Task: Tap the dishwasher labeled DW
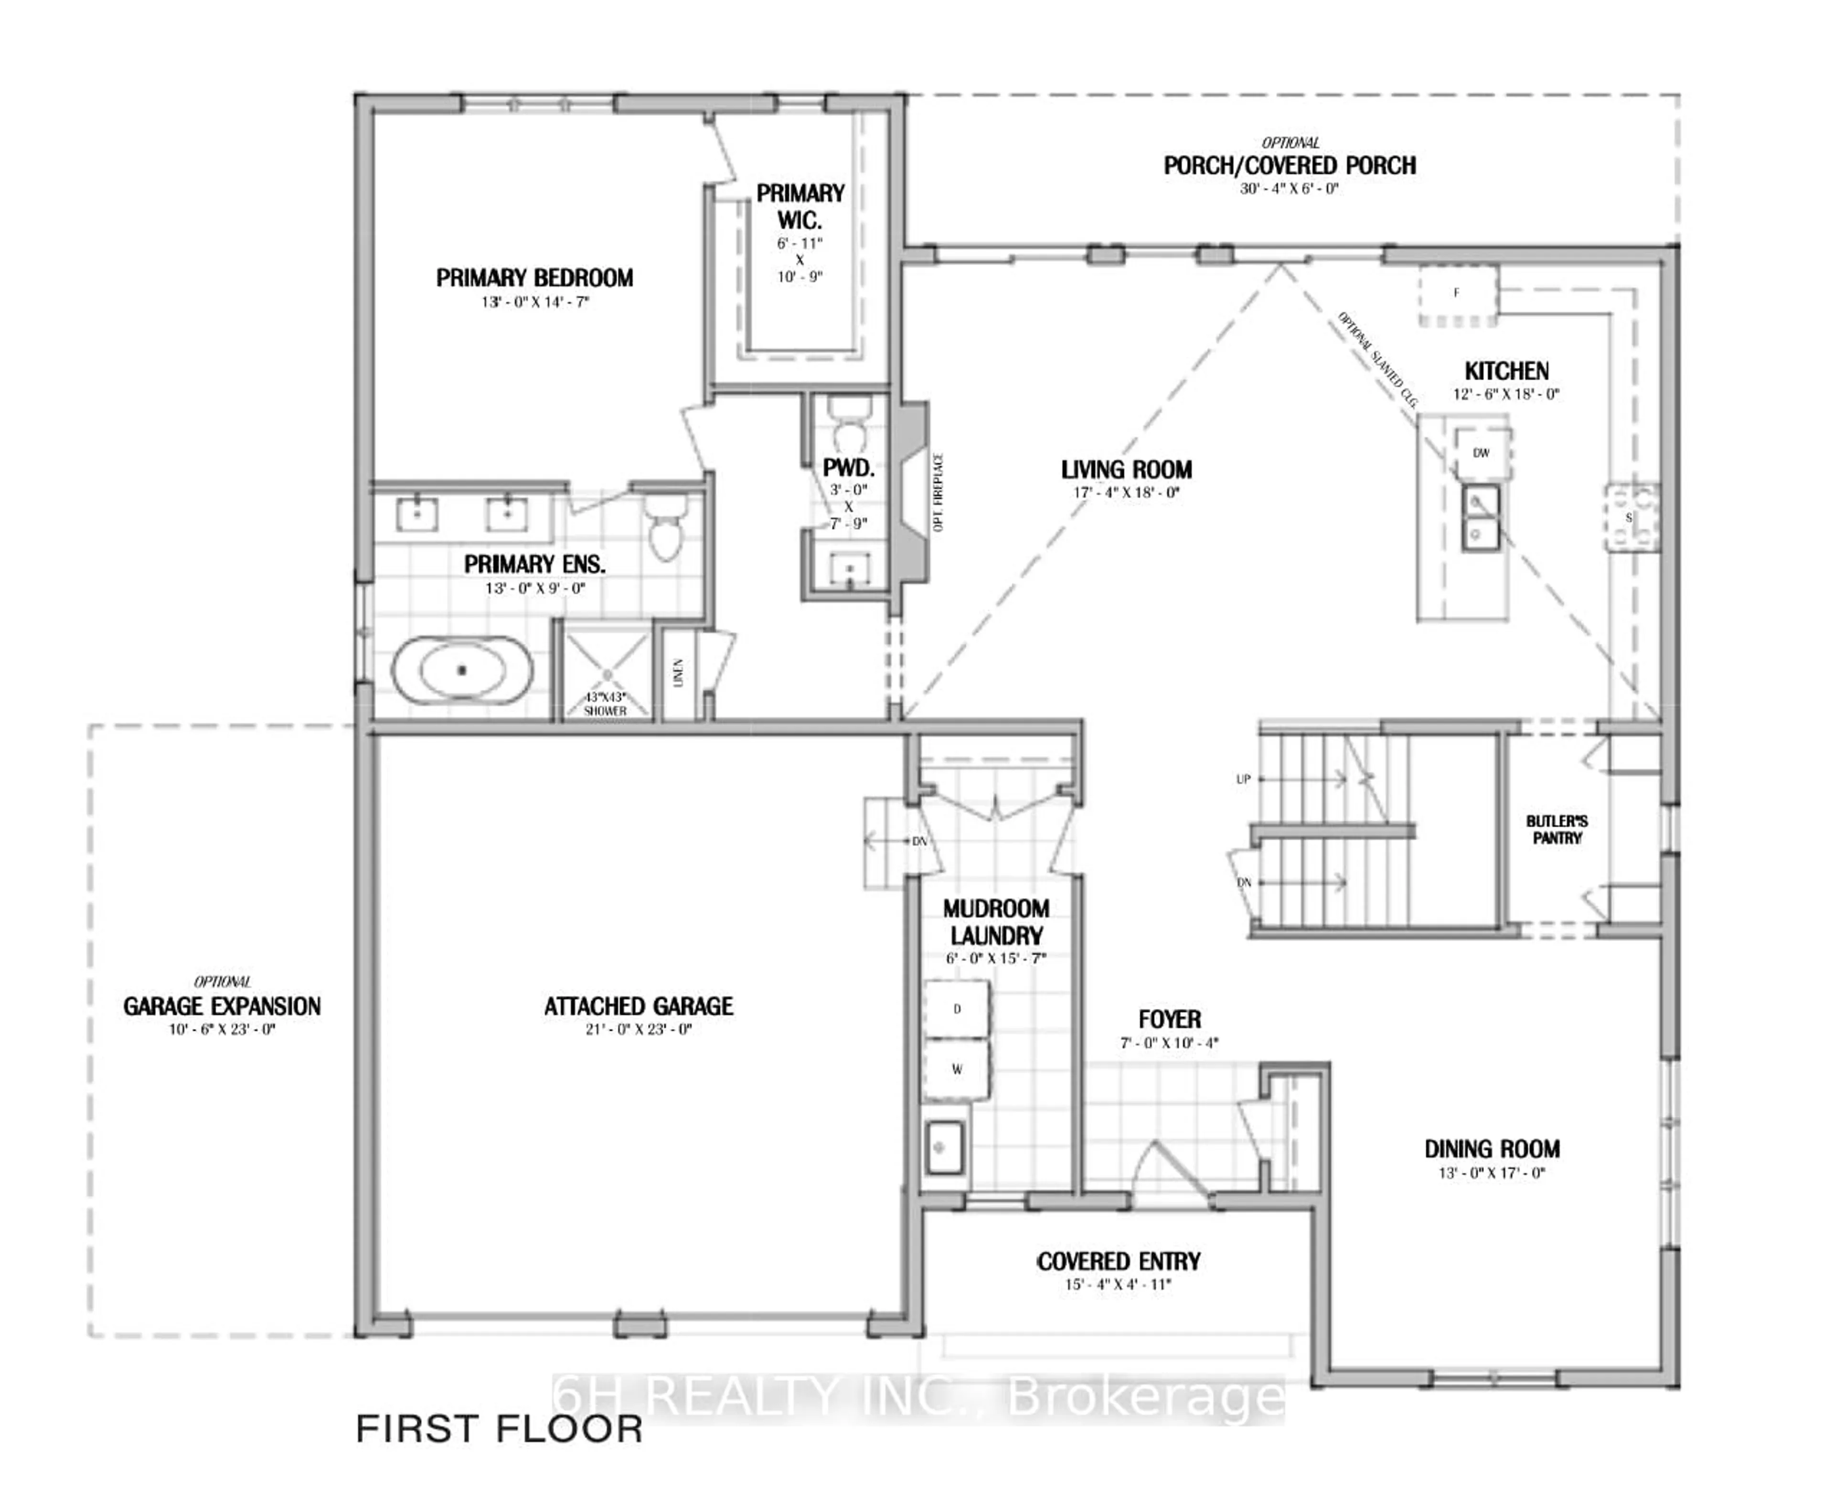(1481, 453)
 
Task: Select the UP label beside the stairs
(1243, 779)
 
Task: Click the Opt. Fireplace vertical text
(938, 492)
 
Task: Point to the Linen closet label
(679, 673)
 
